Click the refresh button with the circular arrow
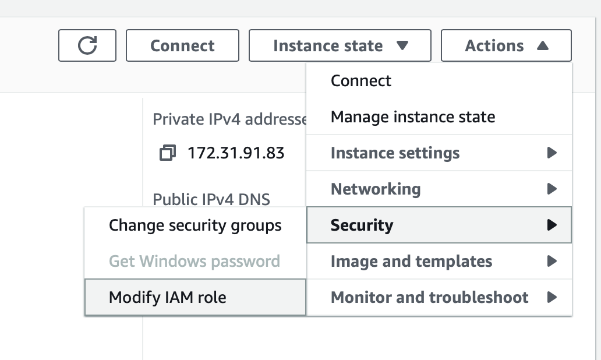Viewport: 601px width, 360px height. coord(87,45)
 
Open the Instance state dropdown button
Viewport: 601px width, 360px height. coord(340,45)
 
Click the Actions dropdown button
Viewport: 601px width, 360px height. coord(506,45)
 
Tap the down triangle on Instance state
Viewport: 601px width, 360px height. coord(402,45)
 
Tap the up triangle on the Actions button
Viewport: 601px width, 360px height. coord(542,45)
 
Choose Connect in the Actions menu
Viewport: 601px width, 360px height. coord(361,81)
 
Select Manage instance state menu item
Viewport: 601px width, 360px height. coord(413,117)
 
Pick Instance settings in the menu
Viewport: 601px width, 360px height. coord(395,153)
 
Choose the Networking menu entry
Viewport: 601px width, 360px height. coord(376,189)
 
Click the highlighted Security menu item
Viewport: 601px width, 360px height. coord(439,225)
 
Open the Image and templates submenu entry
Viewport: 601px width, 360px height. coord(411,262)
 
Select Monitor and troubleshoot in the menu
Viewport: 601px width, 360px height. coord(429,298)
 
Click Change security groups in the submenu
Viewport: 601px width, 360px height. coord(195,225)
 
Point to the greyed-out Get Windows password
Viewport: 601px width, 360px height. coord(195,262)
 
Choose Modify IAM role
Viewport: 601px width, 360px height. coord(168,298)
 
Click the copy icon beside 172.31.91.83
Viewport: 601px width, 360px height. coord(168,153)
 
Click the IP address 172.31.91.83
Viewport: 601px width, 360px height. coord(236,153)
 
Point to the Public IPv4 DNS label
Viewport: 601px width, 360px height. coord(211,199)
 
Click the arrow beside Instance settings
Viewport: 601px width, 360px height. coord(551,153)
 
